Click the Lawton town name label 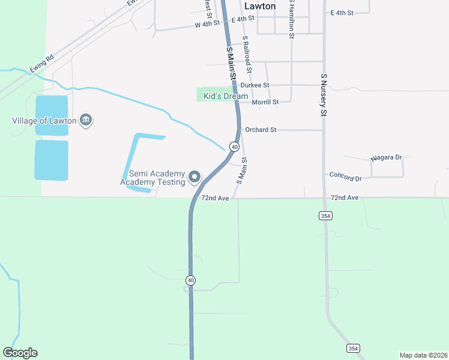click(260, 6)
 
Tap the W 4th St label click(207, 25)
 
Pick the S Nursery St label click(323, 95)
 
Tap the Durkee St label click(255, 86)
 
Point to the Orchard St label click(261, 129)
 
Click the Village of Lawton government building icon click(86, 121)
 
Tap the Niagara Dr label click(386, 157)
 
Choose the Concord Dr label click(346, 178)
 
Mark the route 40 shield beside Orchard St click(234, 146)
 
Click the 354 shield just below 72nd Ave click(325, 215)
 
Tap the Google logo click(20, 353)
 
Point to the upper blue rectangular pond click(51, 115)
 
